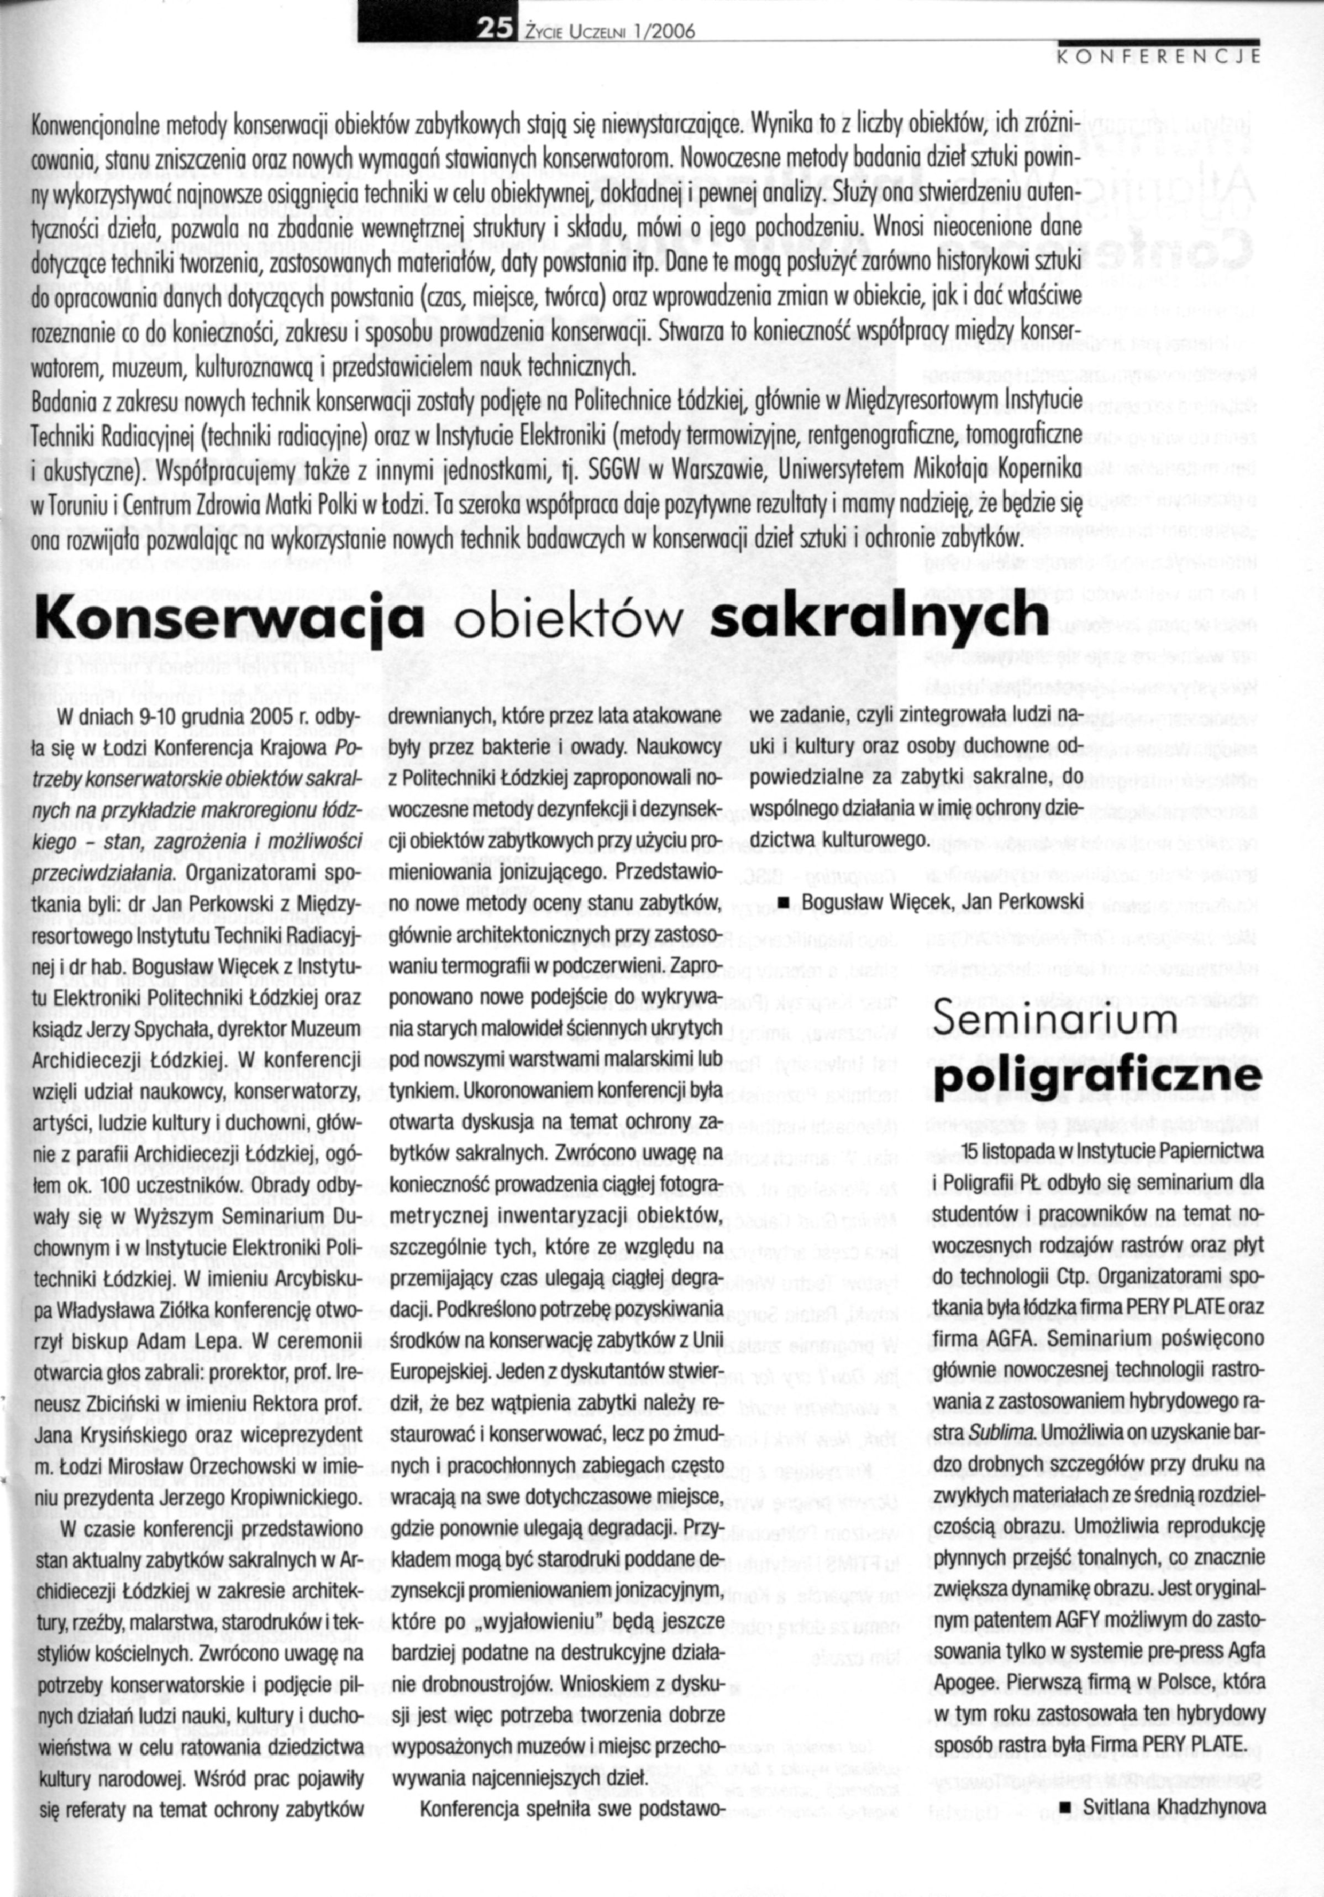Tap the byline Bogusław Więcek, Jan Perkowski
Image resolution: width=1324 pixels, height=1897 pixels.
[x=942, y=901]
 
